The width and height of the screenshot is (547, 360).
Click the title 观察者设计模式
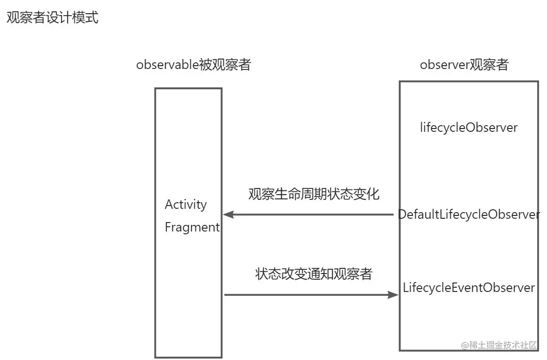(x=52, y=18)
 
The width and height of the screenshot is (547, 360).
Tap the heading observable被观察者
(x=193, y=65)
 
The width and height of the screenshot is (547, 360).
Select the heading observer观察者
(x=464, y=65)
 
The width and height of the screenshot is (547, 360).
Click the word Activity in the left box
(x=186, y=205)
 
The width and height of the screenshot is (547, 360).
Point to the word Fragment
(x=192, y=227)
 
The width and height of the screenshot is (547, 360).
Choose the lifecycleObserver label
(x=469, y=128)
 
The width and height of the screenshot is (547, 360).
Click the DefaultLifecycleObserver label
(x=469, y=214)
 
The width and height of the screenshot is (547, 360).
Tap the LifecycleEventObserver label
(x=469, y=288)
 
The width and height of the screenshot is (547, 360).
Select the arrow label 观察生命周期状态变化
(x=314, y=194)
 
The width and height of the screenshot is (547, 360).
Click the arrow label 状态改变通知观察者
(x=314, y=274)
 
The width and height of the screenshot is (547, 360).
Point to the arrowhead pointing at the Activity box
(x=228, y=214)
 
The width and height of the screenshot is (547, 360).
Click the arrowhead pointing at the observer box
(x=393, y=295)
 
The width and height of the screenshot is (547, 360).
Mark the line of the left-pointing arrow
(x=312, y=214)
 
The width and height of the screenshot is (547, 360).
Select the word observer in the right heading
(x=444, y=65)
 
